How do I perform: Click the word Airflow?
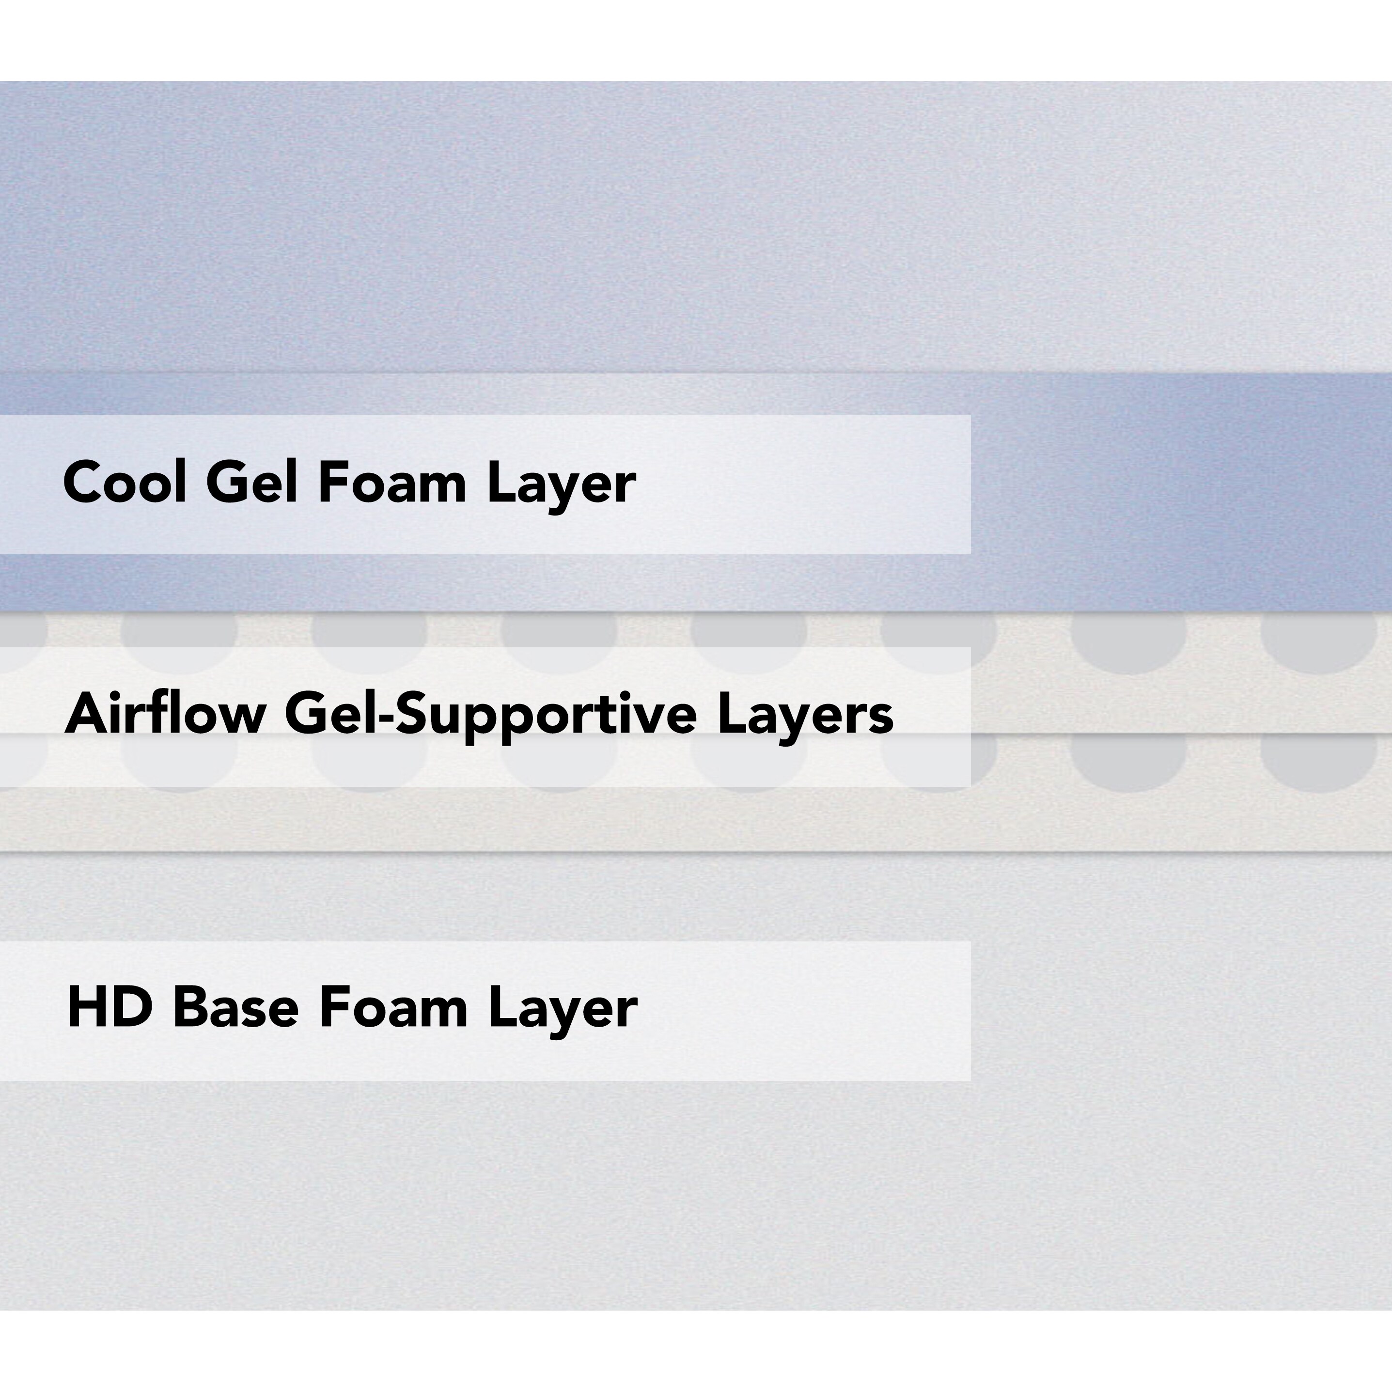click(x=165, y=713)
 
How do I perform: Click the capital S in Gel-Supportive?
click(x=412, y=713)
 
